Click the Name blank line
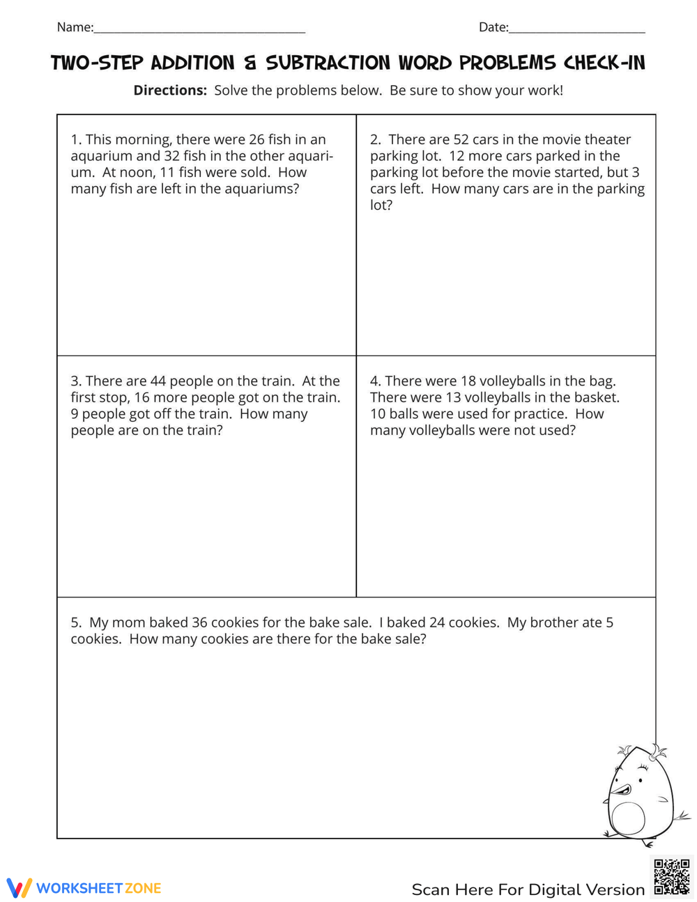coord(199,31)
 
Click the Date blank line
coord(577,31)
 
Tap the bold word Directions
coord(170,90)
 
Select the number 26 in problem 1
coord(256,139)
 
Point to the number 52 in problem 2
coord(461,139)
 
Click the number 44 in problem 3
coord(158,381)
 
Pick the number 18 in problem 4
coord(468,381)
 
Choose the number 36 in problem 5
coord(199,622)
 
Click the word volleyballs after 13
coord(505,397)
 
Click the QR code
coord(671,877)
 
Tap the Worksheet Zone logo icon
coord(19,887)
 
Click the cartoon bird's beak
coord(619,790)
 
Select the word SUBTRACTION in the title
coord(328,63)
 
